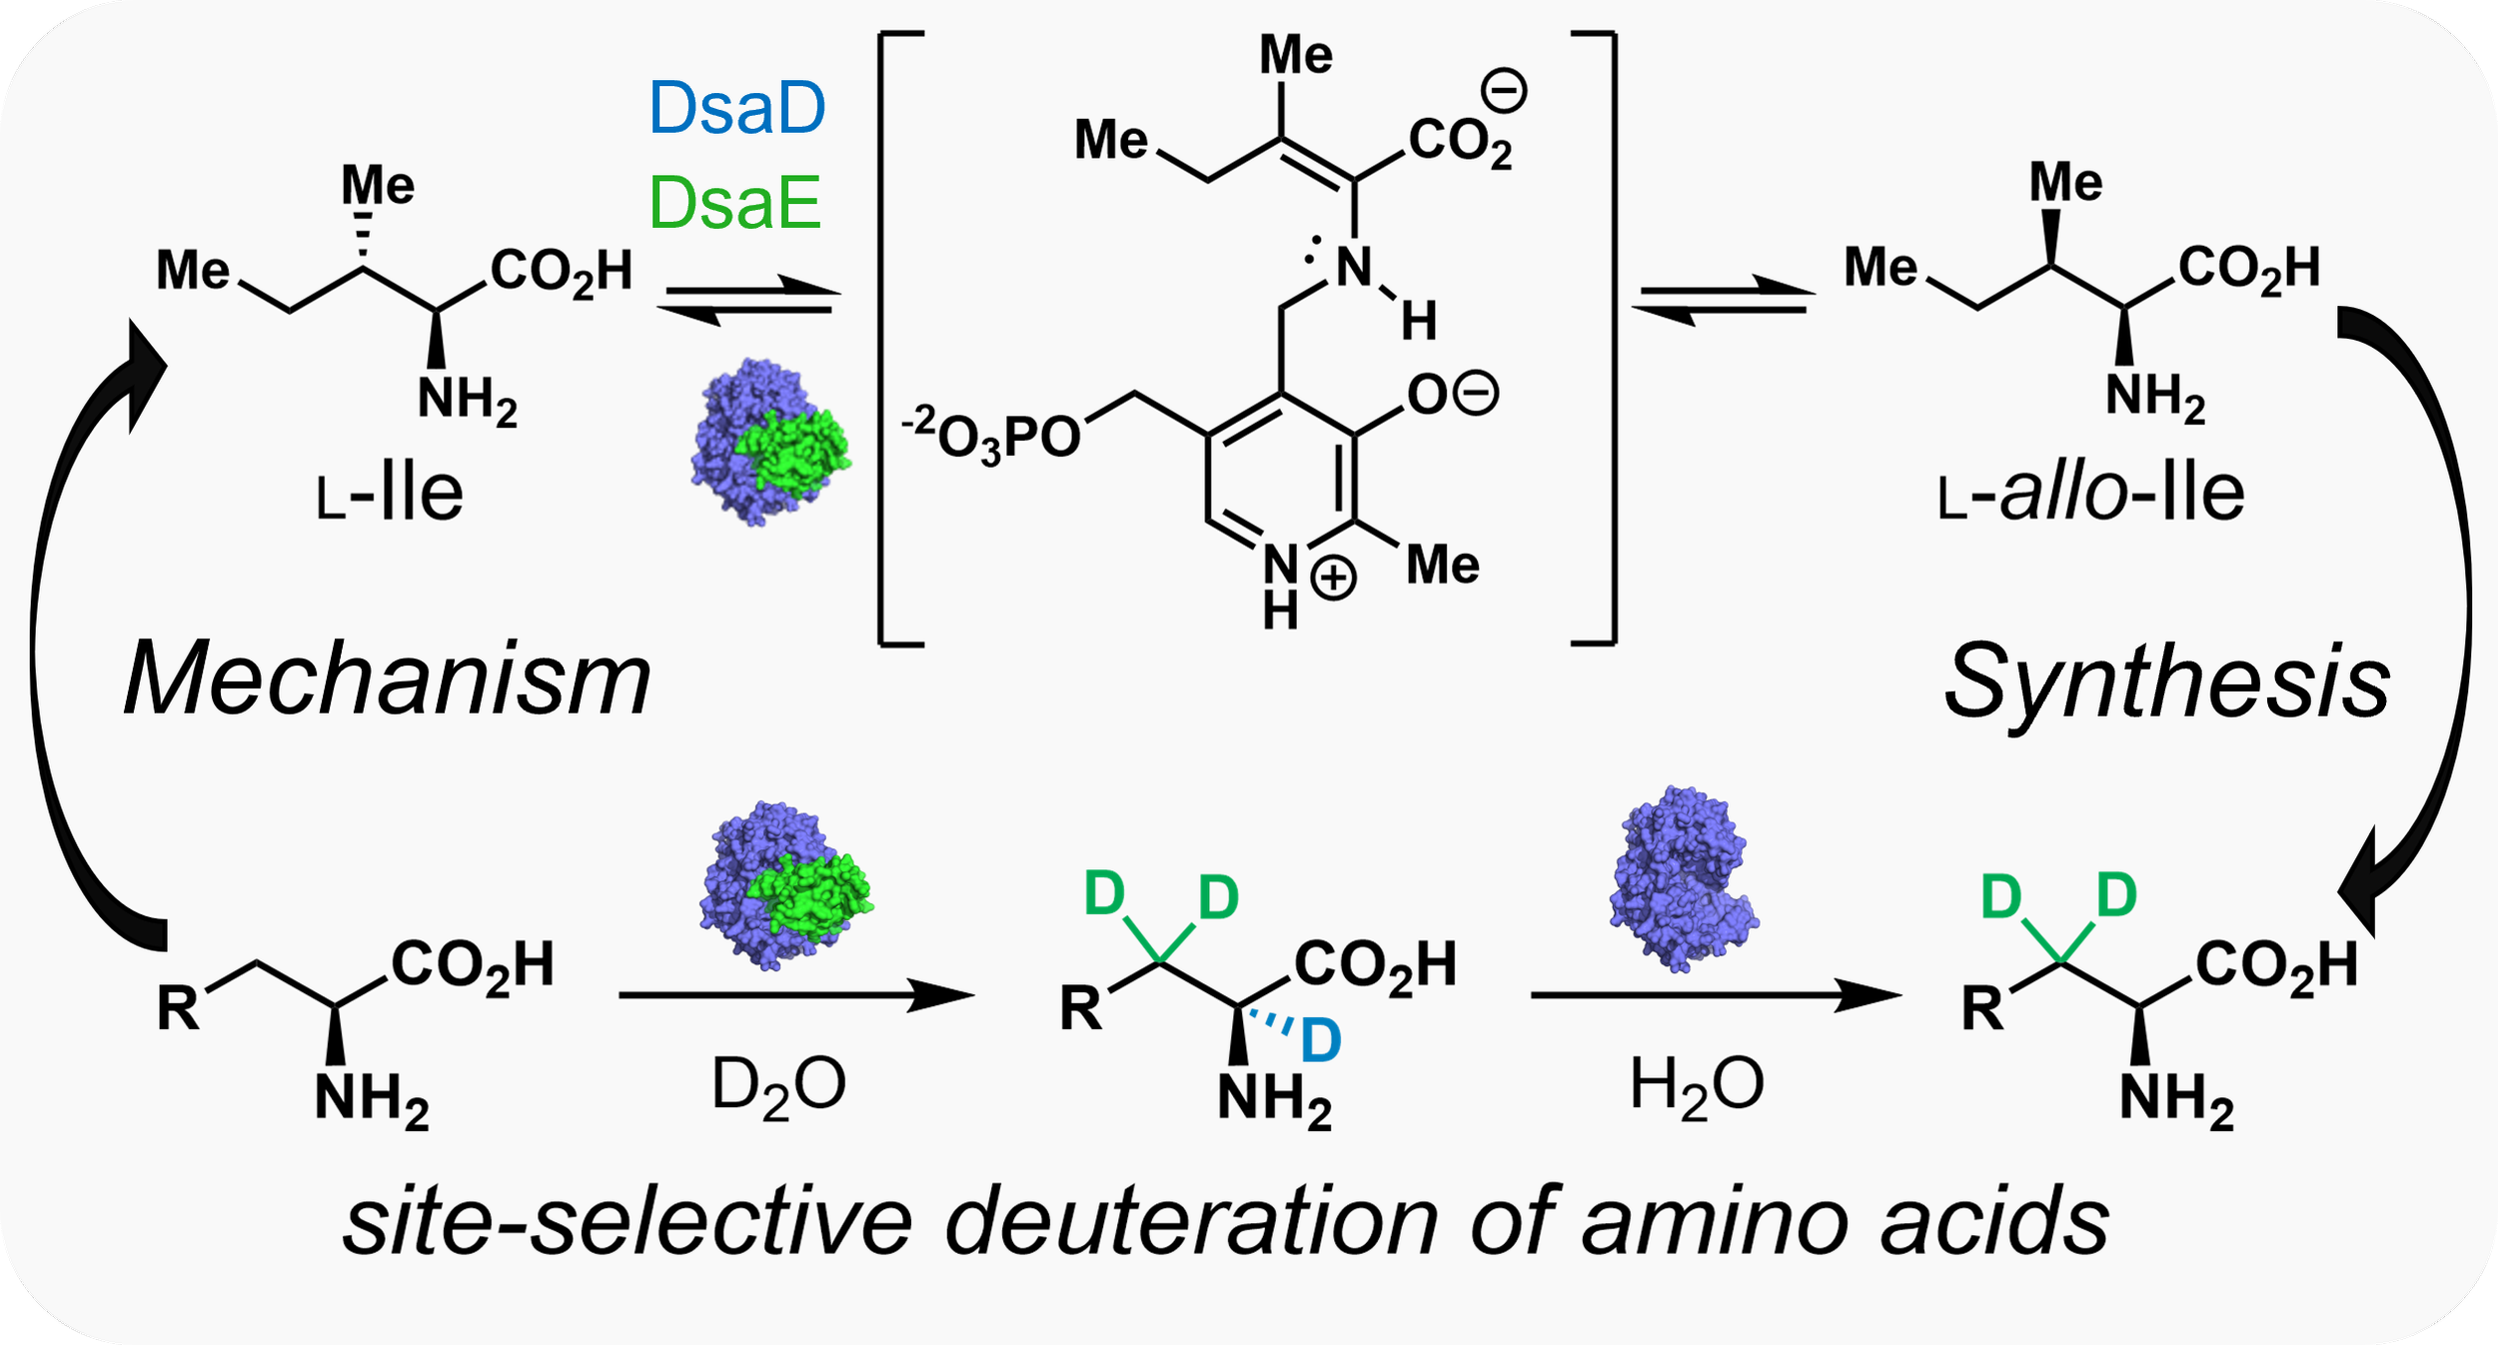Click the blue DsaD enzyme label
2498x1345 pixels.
[x=737, y=108]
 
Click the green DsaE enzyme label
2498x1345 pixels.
[x=735, y=203]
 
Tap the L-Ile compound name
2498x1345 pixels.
[x=390, y=493]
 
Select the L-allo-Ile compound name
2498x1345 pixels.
[x=2091, y=493]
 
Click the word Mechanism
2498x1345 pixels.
[x=388, y=679]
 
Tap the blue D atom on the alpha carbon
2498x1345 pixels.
[x=1320, y=1041]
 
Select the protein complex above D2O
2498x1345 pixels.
[x=784, y=885]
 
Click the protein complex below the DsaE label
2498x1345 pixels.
[x=769, y=443]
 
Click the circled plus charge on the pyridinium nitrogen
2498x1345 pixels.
[x=1333, y=580]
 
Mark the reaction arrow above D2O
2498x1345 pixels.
[x=796, y=995]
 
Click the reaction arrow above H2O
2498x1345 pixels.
[x=1716, y=995]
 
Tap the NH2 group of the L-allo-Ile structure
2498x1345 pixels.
[x=2155, y=398]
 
